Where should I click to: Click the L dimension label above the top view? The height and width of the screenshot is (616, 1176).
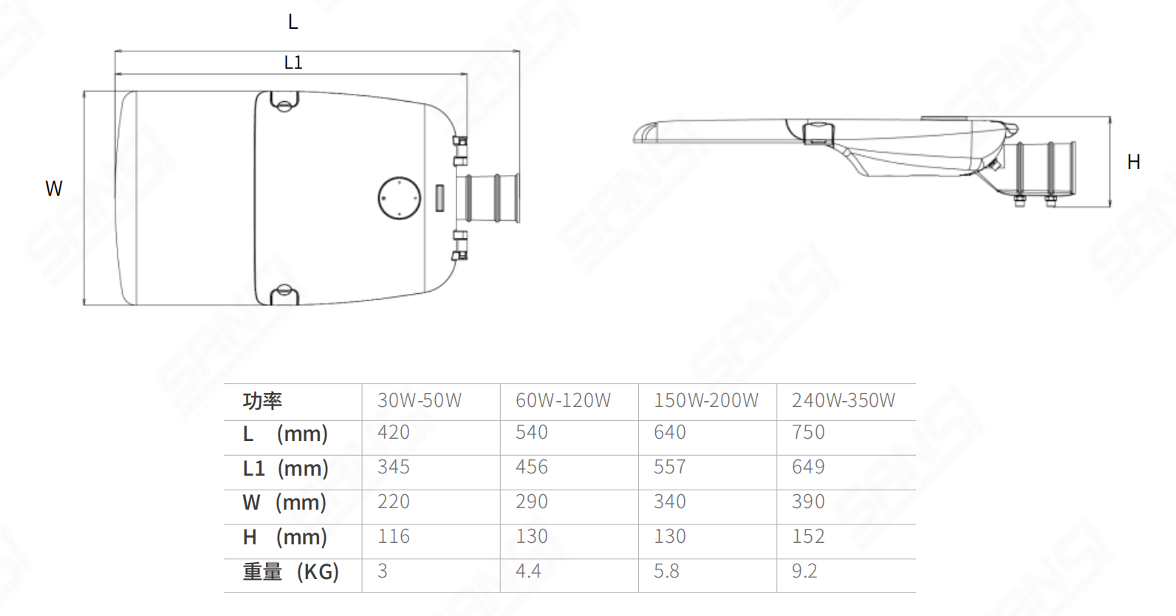click(293, 22)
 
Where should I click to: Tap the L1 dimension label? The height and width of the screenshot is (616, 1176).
click(293, 63)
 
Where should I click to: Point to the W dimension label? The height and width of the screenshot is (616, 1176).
click(54, 188)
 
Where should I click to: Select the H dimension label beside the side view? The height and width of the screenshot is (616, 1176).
click(1133, 162)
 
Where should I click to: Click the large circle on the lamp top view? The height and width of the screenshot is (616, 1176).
click(399, 177)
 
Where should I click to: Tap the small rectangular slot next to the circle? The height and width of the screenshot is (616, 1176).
click(440, 198)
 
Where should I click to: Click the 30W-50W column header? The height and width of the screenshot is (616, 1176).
click(420, 400)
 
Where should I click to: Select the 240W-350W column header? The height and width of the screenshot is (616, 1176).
click(843, 400)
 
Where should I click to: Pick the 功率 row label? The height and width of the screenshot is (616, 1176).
click(262, 400)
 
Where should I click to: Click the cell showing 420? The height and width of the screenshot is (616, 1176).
click(393, 432)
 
